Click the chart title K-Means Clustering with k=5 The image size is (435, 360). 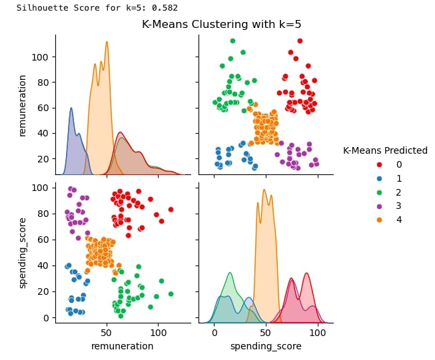tap(221, 25)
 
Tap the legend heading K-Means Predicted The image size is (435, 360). tap(385, 151)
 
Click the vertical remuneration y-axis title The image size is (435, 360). tap(22, 105)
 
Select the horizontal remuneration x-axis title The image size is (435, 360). tap(122, 346)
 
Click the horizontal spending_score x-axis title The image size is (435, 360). tap(266, 346)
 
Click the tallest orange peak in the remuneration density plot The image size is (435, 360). tap(107, 42)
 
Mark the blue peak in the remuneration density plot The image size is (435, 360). tap(71, 108)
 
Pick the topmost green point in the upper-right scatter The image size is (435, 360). tap(232, 41)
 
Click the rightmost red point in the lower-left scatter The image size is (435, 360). tap(171, 210)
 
